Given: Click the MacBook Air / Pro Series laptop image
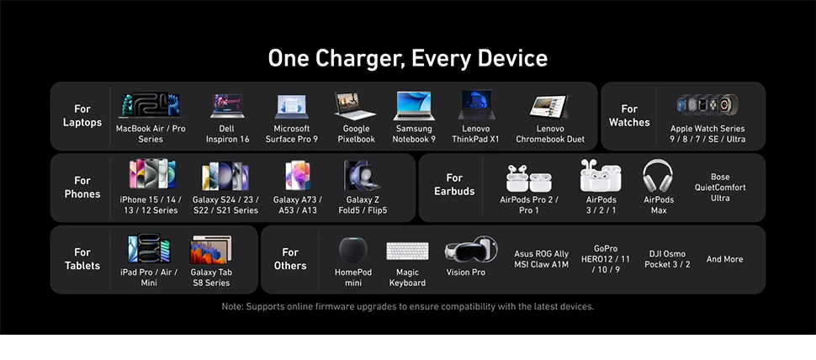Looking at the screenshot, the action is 151,105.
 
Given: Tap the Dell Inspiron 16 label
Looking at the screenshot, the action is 227,134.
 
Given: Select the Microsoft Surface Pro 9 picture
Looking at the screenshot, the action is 291,107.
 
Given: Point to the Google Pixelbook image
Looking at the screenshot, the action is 355,106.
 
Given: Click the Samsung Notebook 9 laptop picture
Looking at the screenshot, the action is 414,106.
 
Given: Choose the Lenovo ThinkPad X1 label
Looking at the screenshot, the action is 475,134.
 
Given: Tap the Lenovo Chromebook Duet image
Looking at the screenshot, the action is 549,106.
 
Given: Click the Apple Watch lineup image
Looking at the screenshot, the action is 707,104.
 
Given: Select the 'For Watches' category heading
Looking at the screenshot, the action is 629,115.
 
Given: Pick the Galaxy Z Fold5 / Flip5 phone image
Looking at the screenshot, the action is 362,175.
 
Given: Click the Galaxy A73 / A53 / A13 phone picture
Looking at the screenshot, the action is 298,175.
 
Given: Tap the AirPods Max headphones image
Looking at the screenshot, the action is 658,176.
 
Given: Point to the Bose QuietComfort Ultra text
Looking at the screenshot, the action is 720,188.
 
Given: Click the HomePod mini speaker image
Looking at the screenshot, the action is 352,250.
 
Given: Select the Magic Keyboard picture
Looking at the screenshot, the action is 407,251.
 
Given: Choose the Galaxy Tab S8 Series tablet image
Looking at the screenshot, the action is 211,250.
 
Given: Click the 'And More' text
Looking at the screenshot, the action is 724,259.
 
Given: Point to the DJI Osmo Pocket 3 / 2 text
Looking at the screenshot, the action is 667,259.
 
